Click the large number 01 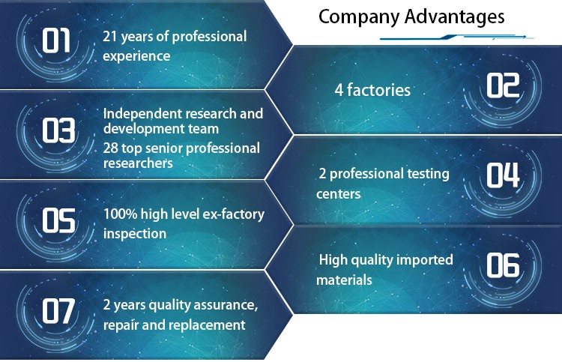tap(56, 40)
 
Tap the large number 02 tap(503, 85)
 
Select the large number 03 tap(58, 130)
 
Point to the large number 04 tap(503, 175)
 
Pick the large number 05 tap(58, 220)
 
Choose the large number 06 tap(503, 265)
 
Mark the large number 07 tap(58, 311)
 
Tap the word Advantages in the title tap(455, 16)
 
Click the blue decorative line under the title tap(456, 37)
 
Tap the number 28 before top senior tap(110, 148)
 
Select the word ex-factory tap(233, 214)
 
